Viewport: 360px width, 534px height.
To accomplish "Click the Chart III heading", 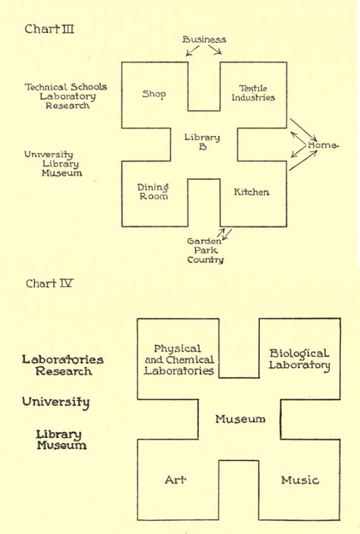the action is [x=49, y=29].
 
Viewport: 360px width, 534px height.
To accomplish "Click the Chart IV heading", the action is [x=49, y=283].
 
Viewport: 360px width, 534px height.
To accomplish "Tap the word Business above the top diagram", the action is [x=204, y=40].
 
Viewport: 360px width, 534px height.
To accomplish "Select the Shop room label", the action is [x=154, y=94].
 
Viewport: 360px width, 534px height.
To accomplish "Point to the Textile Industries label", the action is [x=253, y=93].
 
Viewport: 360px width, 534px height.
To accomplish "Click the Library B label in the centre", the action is [x=203, y=142].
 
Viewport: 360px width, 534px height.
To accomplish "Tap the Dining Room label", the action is [x=153, y=192].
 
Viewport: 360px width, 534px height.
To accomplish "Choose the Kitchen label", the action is [x=251, y=192].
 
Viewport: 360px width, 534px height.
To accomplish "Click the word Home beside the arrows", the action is [x=323, y=145].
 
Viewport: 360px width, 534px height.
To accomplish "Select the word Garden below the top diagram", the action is [x=204, y=241].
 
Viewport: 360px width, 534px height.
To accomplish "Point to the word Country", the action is [x=205, y=260].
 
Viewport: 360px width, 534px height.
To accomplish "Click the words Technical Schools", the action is [x=66, y=87].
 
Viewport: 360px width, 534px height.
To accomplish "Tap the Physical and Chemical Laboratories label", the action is [x=179, y=359].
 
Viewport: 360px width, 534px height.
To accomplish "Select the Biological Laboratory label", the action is [x=299, y=359].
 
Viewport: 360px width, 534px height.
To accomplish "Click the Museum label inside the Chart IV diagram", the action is [x=240, y=419].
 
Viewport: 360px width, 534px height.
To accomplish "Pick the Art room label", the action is [x=175, y=480].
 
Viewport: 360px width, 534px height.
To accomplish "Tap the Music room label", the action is [x=300, y=480].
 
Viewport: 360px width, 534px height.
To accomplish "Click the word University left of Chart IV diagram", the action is [x=56, y=403].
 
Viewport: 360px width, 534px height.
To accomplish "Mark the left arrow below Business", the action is [x=192, y=51].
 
